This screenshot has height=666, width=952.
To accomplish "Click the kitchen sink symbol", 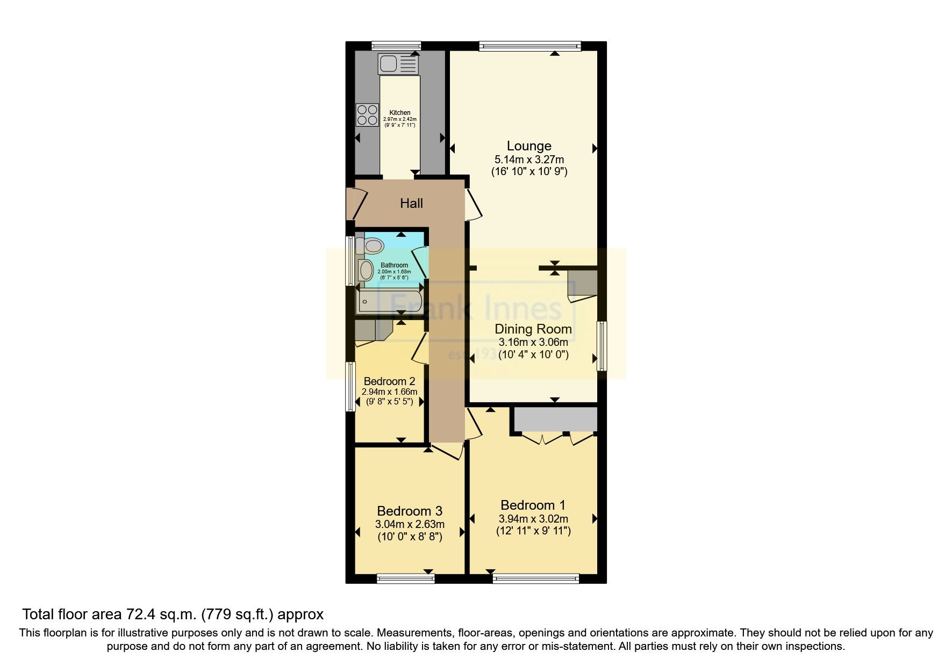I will pyautogui.click(x=397, y=64).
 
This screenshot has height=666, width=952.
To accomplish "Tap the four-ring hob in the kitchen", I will pyautogui.click(x=367, y=115).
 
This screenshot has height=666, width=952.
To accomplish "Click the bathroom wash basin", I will pyautogui.click(x=367, y=270).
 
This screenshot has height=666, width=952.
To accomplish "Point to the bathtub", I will pyautogui.click(x=389, y=302).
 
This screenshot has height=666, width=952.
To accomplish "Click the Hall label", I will pyautogui.click(x=411, y=203).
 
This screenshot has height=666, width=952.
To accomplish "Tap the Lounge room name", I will pyautogui.click(x=529, y=146).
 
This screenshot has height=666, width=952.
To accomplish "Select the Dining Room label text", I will pyautogui.click(x=533, y=329).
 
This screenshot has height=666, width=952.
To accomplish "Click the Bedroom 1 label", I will pyautogui.click(x=533, y=505).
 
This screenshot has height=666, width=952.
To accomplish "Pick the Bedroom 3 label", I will pyautogui.click(x=410, y=511).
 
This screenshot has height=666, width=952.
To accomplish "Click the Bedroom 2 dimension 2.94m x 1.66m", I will pyautogui.click(x=390, y=392).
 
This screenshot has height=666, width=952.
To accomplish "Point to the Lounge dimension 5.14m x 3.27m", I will pyautogui.click(x=529, y=160).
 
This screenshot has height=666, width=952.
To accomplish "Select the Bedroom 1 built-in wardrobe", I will pyautogui.click(x=555, y=419).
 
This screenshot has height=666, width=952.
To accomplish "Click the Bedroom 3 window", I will pyautogui.click(x=405, y=578).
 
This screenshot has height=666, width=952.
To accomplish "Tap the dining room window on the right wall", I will pyautogui.click(x=603, y=345).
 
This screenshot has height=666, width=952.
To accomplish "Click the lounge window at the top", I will pyautogui.click(x=529, y=46).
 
